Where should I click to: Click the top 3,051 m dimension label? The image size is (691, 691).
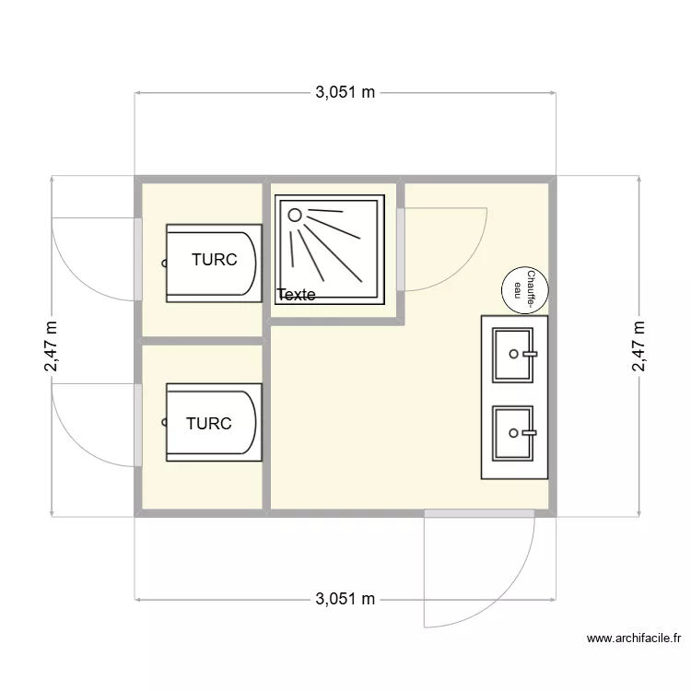coord(345,92)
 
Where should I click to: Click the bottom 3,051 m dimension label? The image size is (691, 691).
coord(345,600)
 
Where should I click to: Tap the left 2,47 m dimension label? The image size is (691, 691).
coord(52,346)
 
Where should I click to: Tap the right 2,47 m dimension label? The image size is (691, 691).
coord(638,346)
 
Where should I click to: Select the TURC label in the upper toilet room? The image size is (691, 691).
coord(214,260)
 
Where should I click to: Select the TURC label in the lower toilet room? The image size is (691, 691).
coord(208,424)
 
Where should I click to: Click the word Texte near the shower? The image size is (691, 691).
coord(296,295)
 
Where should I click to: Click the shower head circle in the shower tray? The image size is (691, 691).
coord(295,216)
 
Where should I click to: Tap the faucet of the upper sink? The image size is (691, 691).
coord(528,352)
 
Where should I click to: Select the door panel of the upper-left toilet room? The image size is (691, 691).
coord(138,259)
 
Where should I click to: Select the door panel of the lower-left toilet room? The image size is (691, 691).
coord(138,425)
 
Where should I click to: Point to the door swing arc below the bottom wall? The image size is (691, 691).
coord(516,590)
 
